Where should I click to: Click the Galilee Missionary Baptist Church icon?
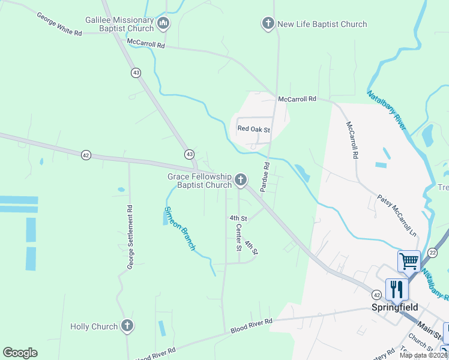click(163, 24)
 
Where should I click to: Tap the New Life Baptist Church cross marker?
click(268, 24)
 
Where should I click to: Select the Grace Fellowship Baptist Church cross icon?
click(240, 179)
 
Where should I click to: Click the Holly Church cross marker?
click(127, 326)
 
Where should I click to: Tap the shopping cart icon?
click(409, 261)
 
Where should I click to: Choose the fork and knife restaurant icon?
click(397, 289)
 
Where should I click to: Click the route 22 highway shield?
click(432, 253)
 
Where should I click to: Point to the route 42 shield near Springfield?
click(376, 295)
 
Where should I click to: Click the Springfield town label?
click(394, 307)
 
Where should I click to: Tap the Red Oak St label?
click(254, 129)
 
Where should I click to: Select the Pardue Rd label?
click(266, 173)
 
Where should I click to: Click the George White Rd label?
click(59, 24)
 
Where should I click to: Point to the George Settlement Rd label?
click(130, 236)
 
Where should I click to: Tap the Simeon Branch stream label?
click(180, 229)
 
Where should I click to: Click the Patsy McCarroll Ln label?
click(397, 214)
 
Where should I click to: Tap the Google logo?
click(20, 353)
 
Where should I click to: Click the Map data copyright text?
click(423, 355)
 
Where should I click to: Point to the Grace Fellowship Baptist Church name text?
click(199, 181)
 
